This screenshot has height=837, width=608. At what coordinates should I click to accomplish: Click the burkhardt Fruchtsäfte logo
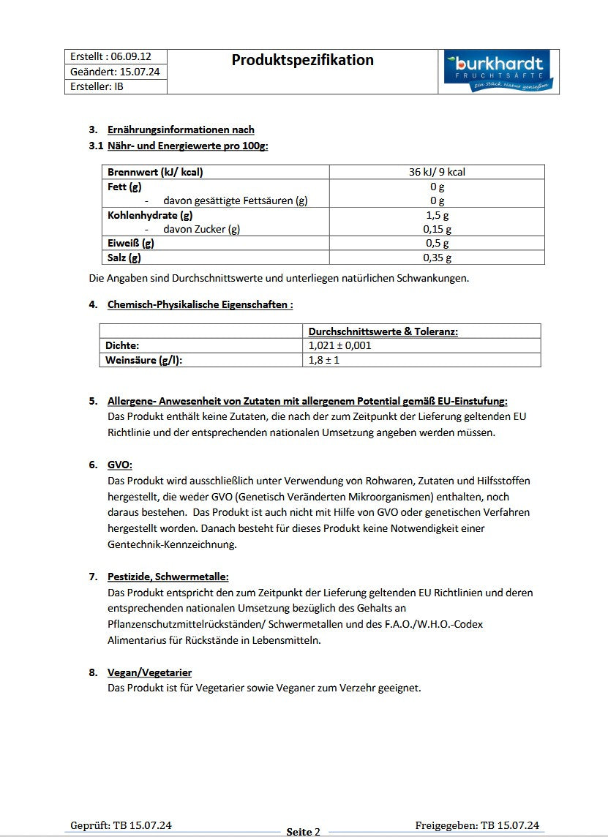click(498, 72)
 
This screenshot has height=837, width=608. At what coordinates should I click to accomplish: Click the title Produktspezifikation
click(302, 60)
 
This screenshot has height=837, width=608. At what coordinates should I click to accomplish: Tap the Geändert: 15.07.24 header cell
click(115, 72)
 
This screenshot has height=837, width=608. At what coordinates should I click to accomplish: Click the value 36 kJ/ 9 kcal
click(437, 172)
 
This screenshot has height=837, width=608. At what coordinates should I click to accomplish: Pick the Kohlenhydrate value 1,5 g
click(437, 215)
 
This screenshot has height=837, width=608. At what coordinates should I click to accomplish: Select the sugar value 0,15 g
click(437, 229)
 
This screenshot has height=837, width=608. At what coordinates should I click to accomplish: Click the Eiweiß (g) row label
click(131, 243)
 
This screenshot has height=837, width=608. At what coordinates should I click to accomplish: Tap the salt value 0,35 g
click(437, 258)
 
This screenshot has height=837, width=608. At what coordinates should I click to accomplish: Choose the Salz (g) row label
click(124, 258)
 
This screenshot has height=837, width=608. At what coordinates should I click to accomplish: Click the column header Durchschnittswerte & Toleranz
click(383, 331)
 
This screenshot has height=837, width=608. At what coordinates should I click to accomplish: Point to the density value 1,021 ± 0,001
click(340, 345)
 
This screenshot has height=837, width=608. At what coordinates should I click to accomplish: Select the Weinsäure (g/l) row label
click(143, 360)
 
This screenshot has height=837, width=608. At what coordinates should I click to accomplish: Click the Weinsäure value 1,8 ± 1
click(324, 360)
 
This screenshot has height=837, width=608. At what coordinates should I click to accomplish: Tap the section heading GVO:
click(120, 465)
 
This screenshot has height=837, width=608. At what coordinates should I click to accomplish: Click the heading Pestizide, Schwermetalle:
click(168, 577)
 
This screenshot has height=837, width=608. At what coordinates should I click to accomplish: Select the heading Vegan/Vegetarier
click(149, 672)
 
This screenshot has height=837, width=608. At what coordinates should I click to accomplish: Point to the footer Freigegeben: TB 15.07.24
click(477, 825)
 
